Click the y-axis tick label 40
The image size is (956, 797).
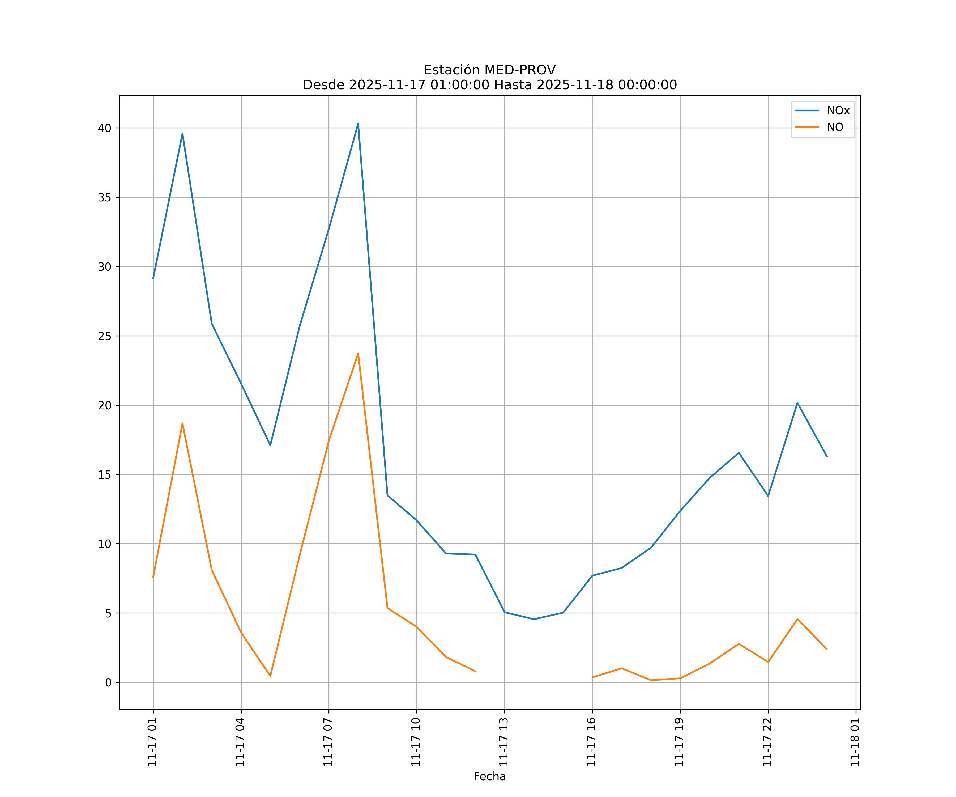pyautogui.click(x=105, y=128)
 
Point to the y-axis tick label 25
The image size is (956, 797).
pyautogui.click(x=105, y=336)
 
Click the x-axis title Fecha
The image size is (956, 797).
pyautogui.click(x=489, y=777)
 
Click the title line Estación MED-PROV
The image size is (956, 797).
pyautogui.click(x=489, y=70)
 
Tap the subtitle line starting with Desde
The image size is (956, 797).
pyautogui.click(x=489, y=85)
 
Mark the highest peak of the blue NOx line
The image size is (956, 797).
pyautogui.click(x=358, y=124)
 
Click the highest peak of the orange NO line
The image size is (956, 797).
pyautogui.click(x=358, y=353)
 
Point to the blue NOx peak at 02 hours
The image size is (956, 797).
pyautogui.click(x=182, y=133)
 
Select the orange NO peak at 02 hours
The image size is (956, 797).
pyautogui.click(x=182, y=423)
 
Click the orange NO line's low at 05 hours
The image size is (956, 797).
pyautogui.click(x=270, y=676)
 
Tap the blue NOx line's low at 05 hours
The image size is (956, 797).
pyautogui.click(x=270, y=445)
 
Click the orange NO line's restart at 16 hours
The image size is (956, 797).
pyautogui.click(x=592, y=677)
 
